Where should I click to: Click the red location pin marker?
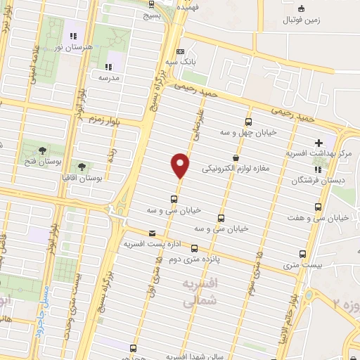click(181, 164)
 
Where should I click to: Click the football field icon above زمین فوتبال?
click(301, 8)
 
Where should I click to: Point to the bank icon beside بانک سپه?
click(180, 51)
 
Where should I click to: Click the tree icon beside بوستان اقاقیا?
click(82, 167)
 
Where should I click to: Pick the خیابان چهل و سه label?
click(252, 131)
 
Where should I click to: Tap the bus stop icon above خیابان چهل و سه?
click(249, 120)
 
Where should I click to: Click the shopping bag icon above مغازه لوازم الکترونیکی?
click(235, 157)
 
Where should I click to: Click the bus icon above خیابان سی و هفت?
click(319, 207)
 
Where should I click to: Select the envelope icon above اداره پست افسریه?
click(151, 233)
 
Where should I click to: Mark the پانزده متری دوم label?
click(193, 259)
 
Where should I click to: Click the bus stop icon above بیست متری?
click(303, 254)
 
